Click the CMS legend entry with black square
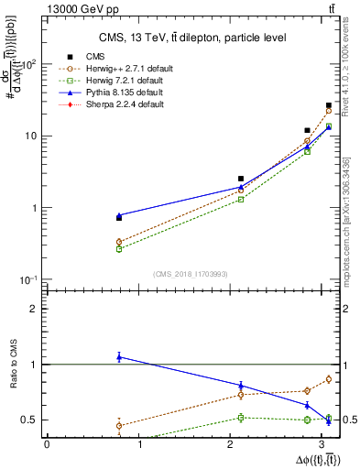click(x=95, y=57)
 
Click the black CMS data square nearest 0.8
click(x=119, y=218)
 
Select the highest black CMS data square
click(x=329, y=106)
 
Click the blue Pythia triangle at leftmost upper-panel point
click(x=119, y=215)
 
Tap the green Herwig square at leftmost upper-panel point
click(x=119, y=248)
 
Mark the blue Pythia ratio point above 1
click(x=119, y=356)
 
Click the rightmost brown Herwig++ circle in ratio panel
click(x=329, y=379)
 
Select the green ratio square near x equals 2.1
click(x=241, y=418)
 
